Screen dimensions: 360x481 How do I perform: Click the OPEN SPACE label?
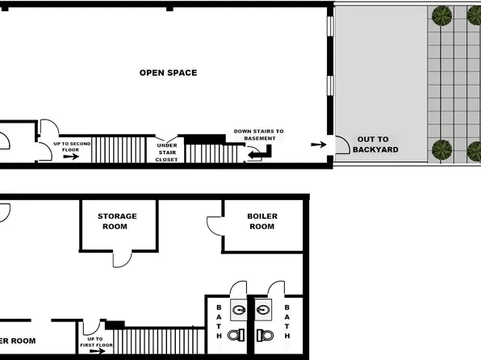click(x=168, y=73)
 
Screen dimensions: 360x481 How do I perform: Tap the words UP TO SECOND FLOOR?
click(x=71, y=146)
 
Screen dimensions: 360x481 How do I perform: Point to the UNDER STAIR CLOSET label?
click(x=166, y=153)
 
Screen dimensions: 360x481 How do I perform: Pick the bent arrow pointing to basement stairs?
click(x=260, y=152)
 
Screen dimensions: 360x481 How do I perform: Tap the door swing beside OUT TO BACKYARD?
click(x=341, y=144)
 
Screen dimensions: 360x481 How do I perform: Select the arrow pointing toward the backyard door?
click(x=319, y=144)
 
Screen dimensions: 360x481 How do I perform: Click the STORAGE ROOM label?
click(x=117, y=221)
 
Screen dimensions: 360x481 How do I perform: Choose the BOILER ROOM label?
click(x=261, y=221)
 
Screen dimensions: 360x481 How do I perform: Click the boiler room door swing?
click(x=215, y=227)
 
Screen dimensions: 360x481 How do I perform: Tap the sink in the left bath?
click(x=239, y=307)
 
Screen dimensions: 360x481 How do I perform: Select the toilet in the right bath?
click(x=262, y=333)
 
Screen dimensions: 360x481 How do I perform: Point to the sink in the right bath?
click(x=263, y=307)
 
